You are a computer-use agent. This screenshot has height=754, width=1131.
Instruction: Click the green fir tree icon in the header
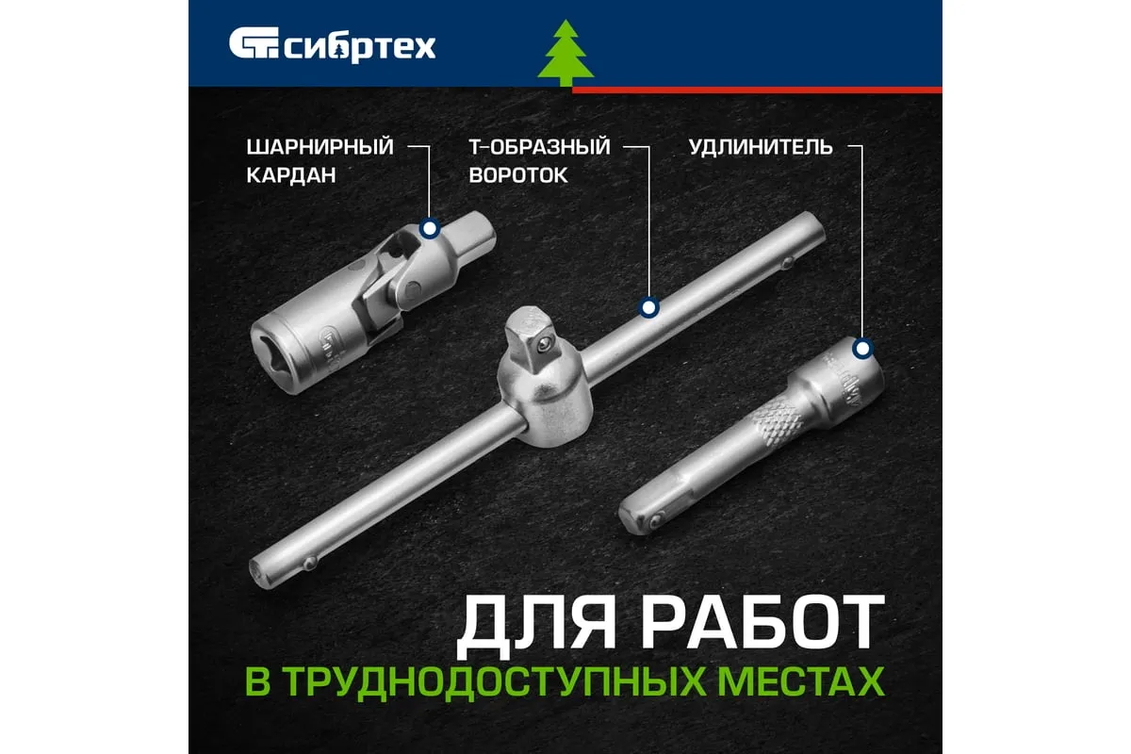click(565, 53)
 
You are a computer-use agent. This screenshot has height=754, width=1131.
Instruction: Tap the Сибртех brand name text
click(360, 48)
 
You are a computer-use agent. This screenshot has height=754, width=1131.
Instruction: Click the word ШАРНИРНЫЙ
click(320, 147)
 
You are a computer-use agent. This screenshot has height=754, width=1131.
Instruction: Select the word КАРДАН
click(291, 175)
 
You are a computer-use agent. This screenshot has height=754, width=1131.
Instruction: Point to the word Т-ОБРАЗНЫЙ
click(540, 147)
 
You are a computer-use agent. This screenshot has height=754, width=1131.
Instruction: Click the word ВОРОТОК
click(518, 175)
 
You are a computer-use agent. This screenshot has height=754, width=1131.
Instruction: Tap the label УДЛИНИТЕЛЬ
click(761, 147)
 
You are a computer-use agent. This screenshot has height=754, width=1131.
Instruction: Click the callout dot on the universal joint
click(430, 229)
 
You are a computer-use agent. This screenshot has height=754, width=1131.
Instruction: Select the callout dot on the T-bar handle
click(648, 307)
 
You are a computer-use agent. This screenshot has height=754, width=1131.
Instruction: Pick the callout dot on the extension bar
click(862, 349)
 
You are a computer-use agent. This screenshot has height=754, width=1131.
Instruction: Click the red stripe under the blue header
click(757, 90)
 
